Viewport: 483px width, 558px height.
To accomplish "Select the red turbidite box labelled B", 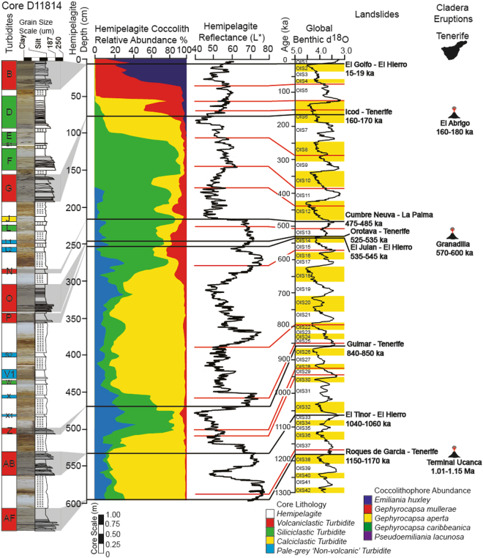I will click(x=8, y=75).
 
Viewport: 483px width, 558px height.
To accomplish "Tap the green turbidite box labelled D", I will click(x=8, y=112).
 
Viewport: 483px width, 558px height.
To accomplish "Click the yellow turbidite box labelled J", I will click(x=8, y=218).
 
